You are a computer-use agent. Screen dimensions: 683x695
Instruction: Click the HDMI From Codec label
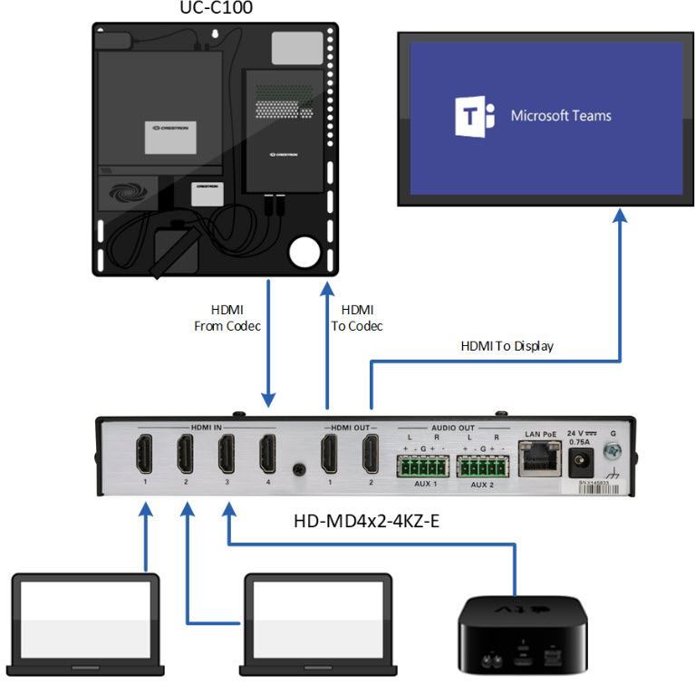coord(227,318)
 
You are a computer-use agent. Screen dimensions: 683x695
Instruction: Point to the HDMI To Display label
coord(507,346)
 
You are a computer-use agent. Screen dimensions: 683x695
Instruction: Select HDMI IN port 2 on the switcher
coord(186,454)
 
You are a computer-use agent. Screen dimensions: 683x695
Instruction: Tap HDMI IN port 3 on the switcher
coord(227,454)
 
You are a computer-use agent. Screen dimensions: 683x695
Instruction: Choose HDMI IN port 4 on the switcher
coord(267,454)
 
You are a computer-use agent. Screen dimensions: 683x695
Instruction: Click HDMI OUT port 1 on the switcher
coord(329,454)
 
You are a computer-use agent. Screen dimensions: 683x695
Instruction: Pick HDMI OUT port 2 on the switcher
coord(370,454)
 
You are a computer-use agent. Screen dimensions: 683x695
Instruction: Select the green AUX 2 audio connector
coord(482,467)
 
